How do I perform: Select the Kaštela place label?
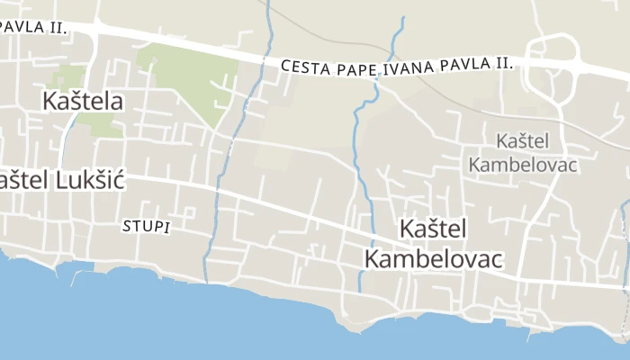pos(82,101)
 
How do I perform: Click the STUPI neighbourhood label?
pos(146,227)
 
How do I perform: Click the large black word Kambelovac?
pos(433,258)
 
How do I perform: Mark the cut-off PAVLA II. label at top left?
pos(33,26)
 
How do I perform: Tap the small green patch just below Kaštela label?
pos(106,127)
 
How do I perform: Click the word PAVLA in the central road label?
pos(463,65)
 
